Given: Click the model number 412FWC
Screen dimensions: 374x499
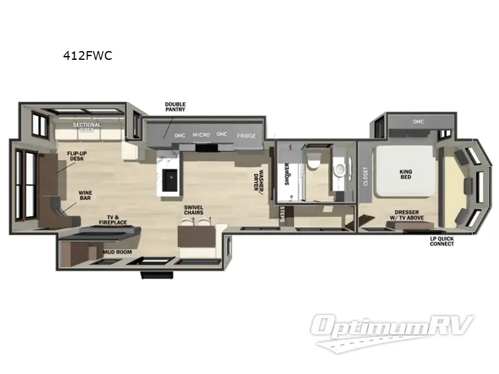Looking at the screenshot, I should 87,55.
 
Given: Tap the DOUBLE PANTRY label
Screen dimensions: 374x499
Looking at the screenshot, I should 175,108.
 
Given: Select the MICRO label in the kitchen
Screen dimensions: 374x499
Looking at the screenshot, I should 201,135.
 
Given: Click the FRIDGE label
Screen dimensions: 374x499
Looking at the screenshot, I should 246,135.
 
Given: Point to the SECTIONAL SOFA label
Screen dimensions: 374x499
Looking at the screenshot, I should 87,128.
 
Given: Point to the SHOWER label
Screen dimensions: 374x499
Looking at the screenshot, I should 287,175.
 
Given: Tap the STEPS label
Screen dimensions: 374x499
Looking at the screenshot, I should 283,214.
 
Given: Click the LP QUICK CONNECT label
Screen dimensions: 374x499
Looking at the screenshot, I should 442,241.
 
